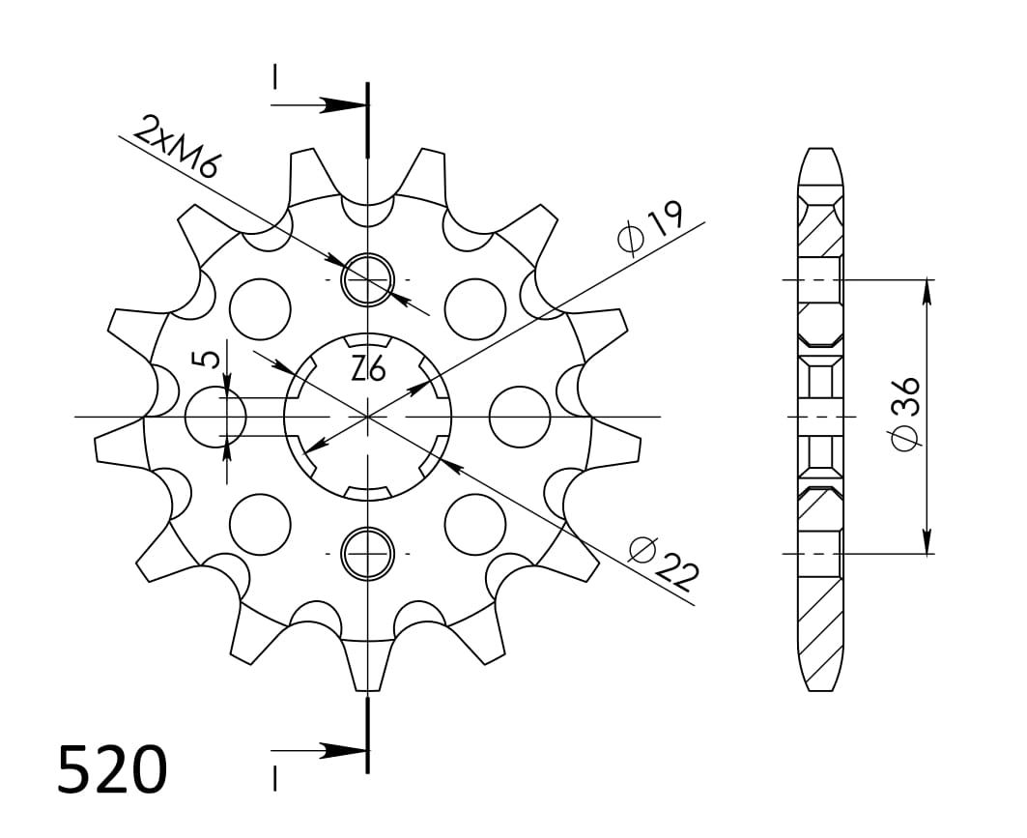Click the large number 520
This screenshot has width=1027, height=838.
[112, 768]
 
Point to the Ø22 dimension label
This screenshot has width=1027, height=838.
[663, 563]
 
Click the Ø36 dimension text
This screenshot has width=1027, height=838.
[905, 413]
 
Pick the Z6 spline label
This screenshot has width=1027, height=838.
[368, 371]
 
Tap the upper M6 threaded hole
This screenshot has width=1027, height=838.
[368, 279]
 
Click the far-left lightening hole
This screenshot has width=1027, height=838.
[215, 417]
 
